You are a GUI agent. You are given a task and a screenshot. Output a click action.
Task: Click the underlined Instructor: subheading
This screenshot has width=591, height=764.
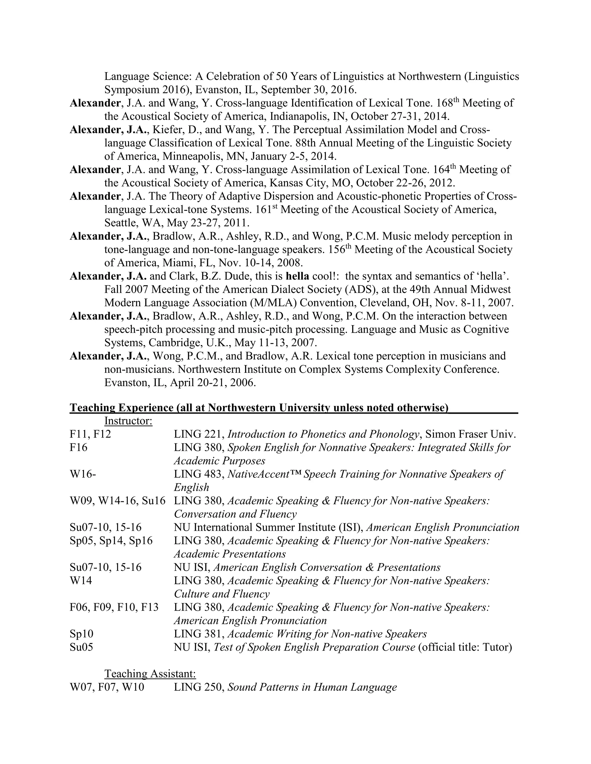128,421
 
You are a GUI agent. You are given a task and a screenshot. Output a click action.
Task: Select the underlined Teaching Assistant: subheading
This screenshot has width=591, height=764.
150,673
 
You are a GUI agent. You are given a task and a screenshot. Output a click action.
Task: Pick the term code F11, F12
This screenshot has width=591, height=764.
90,434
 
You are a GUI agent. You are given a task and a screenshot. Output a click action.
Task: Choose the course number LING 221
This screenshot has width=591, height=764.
199,434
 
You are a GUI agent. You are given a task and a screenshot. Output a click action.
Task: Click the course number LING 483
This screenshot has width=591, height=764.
199,474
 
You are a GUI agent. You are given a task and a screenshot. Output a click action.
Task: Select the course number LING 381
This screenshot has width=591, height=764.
199,634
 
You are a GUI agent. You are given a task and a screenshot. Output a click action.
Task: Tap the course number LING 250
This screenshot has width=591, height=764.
199,687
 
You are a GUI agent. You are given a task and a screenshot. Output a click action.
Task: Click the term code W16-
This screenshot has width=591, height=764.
83,474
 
